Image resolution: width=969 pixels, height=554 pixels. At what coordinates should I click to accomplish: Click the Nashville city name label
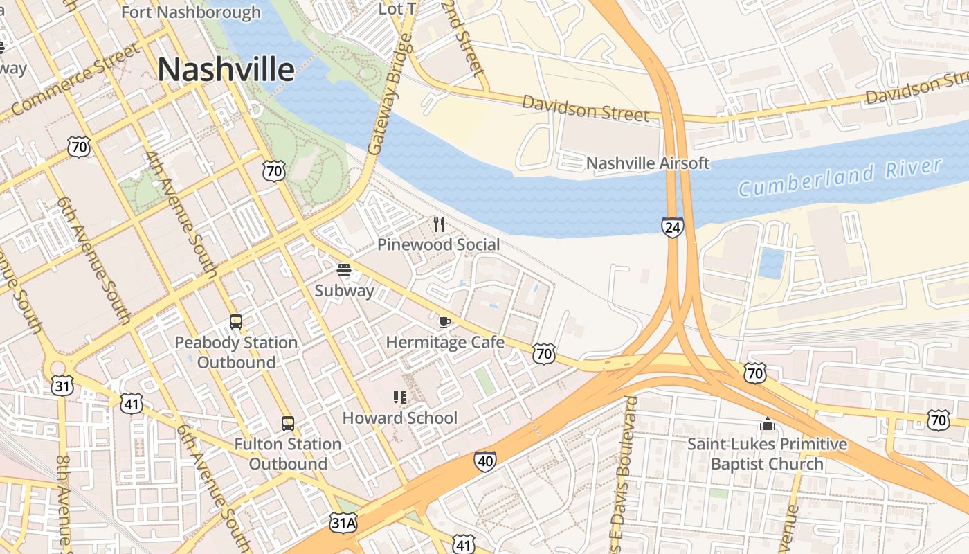[x=226, y=70]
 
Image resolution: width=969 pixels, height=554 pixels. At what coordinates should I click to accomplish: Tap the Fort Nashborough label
[x=191, y=12]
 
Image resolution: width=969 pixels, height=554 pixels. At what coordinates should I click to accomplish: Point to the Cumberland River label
[x=840, y=177]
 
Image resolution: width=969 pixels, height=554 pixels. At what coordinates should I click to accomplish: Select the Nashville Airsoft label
[x=647, y=163]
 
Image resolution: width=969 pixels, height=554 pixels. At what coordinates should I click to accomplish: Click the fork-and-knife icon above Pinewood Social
[x=438, y=224]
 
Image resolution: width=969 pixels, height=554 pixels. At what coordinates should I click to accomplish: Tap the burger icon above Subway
[x=344, y=269]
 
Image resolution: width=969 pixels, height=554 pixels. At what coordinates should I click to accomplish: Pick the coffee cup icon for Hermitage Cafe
[x=445, y=321]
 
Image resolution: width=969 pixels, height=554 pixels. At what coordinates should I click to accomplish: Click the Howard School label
[x=400, y=418]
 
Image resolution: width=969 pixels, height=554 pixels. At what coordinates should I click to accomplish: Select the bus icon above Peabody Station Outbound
[x=236, y=322]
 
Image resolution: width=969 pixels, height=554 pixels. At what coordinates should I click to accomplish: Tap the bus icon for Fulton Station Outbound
[x=287, y=424]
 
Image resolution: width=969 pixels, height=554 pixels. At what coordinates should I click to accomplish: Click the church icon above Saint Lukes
[x=767, y=423]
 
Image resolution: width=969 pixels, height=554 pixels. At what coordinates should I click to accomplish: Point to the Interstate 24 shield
[x=672, y=226]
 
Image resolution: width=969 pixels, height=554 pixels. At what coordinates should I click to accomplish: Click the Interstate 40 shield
[x=485, y=461]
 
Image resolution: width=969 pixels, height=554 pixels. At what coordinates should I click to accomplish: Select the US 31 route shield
[x=62, y=386]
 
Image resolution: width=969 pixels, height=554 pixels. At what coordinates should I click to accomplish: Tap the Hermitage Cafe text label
[x=445, y=342]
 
